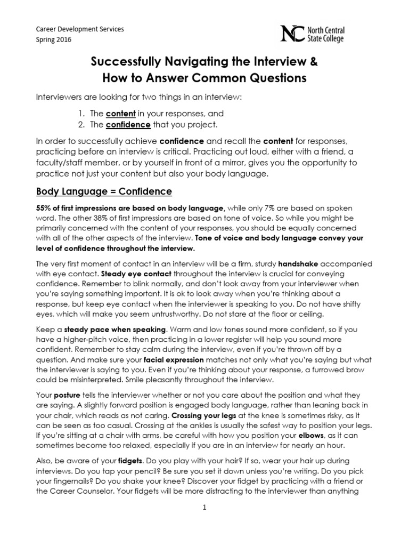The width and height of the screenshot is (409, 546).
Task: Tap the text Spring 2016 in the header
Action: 53,39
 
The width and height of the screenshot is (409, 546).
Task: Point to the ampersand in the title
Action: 313,63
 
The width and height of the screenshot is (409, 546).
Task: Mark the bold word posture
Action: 69,395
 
